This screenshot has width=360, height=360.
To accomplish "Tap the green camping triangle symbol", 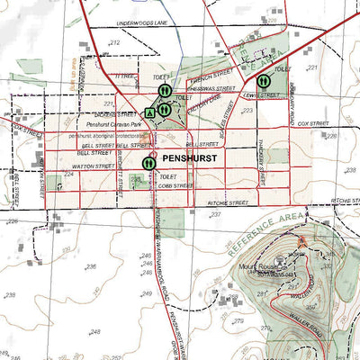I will [149, 113].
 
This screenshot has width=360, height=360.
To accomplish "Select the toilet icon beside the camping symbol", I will [165, 109].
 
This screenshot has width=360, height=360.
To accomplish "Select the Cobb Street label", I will [176, 185].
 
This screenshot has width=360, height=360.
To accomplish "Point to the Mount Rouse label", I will [257, 266].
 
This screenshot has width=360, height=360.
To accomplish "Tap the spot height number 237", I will [214, 215].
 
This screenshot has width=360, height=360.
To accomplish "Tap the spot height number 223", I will [247, 111].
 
